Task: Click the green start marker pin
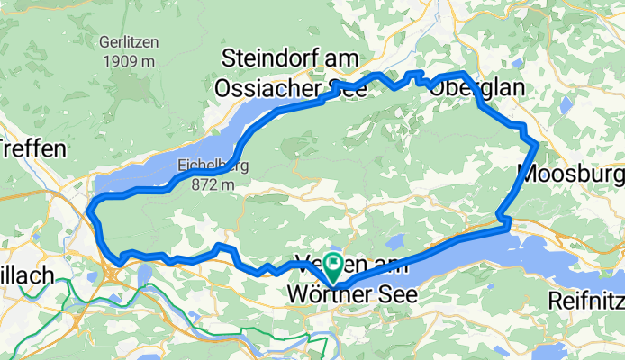pyautogui.click(x=334, y=265)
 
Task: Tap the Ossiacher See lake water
pyautogui.click(x=216, y=144)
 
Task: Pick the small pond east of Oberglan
pyautogui.click(x=565, y=105)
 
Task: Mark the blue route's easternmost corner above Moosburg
pyautogui.click(x=537, y=143)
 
